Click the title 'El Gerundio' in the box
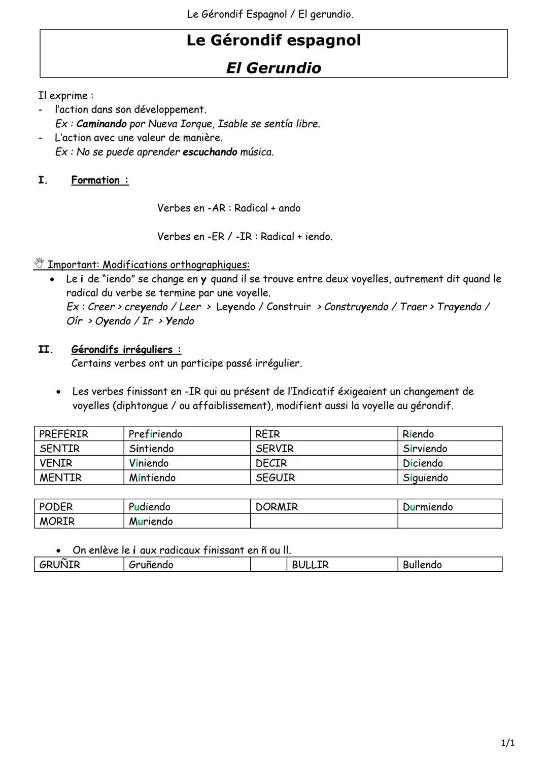(x=273, y=68)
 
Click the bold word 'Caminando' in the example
(x=101, y=124)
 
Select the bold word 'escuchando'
(x=210, y=152)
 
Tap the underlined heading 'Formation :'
(x=99, y=180)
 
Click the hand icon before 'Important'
(x=39, y=264)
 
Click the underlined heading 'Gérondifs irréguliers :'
(x=126, y=349)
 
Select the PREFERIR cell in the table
(x=63, y=434)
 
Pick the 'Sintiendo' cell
(x=151, y=449)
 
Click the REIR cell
(x=267, y=434)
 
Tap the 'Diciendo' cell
(x=423, y=463)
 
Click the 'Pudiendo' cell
(x=149, y=507)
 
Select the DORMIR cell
(x=277, y=507)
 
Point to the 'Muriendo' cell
(x=151, y=522)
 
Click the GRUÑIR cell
(x=59, y=565)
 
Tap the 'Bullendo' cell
(x=422, y=565)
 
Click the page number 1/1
(x=508, y=743)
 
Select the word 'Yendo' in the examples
(x=180, y=321)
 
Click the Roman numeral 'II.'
(x=46, y=349)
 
